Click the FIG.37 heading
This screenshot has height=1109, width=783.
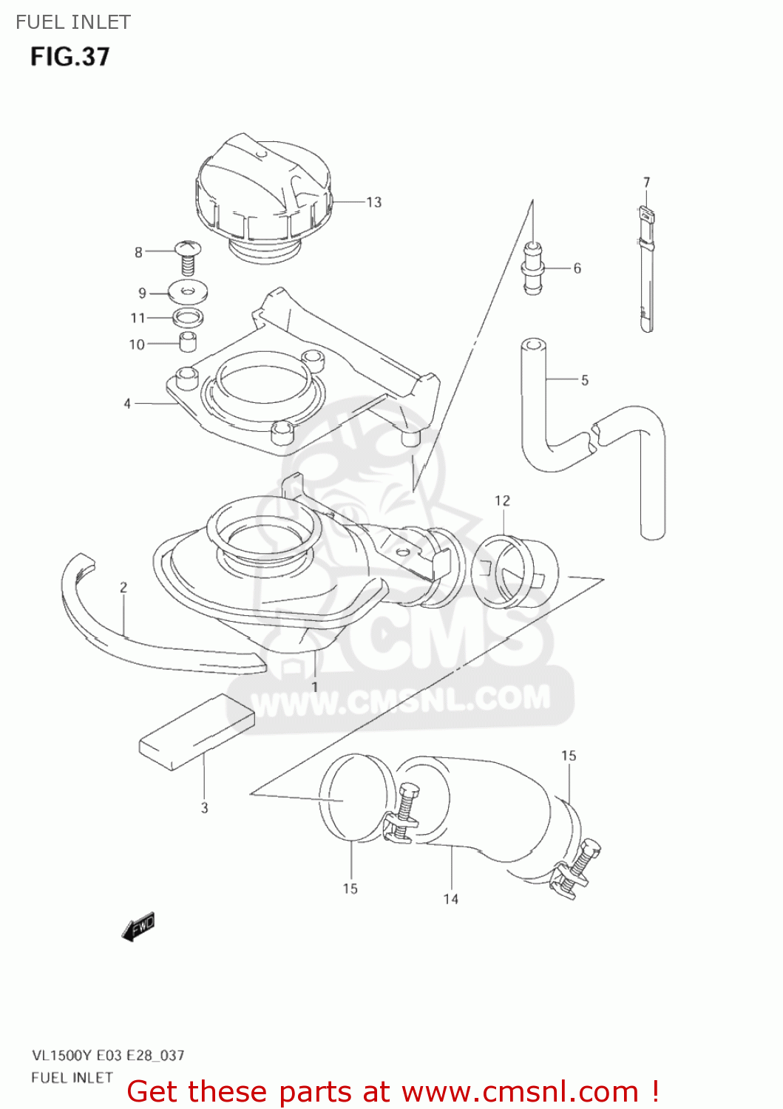[70, 57]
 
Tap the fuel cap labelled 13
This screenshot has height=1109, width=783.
[262, 189]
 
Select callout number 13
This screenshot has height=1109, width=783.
[374, 202]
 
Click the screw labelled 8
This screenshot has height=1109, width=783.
[187, 255]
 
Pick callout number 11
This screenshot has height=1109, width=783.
[138, 318]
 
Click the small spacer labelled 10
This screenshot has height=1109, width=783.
[189, 343]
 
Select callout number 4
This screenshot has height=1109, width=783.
[127, 404]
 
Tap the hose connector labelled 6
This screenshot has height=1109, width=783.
[533, 268]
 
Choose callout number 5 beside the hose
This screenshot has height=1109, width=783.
[585, 380]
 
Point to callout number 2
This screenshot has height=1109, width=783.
[123, 587]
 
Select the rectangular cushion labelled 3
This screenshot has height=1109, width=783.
[197, 731]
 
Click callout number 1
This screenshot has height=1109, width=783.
[315, 687]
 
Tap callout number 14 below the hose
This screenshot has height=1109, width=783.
[451, 899]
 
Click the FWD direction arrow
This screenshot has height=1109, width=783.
[138, 926]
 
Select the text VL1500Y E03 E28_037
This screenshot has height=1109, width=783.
[108, 1055]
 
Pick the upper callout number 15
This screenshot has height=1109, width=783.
[569, 756]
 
